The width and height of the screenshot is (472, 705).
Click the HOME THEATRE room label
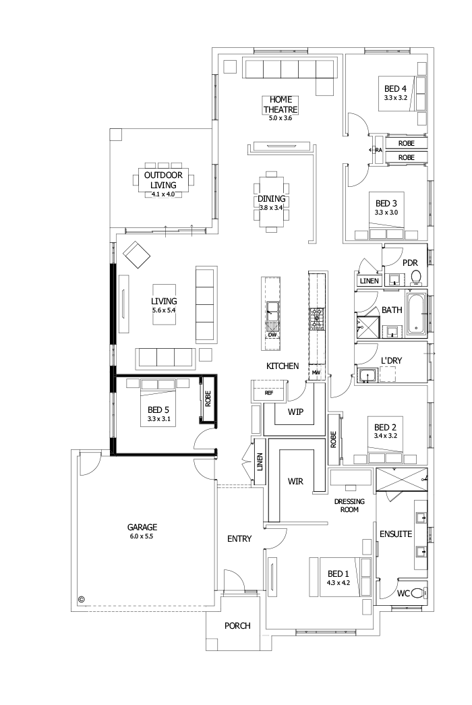[281, 105]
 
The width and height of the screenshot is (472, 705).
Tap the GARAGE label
[142, 527]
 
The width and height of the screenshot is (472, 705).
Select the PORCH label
[237, 626]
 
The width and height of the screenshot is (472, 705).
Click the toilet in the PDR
[416, 277]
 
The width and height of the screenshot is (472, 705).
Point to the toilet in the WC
[419, 593]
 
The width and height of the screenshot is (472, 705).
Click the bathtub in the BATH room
[417, 314]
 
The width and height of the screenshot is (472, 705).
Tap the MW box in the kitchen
[316, 372]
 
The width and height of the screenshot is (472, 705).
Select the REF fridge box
[268, 392]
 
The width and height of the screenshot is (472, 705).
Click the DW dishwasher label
[272, 335]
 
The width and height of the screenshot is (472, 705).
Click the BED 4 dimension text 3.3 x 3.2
[395, 98]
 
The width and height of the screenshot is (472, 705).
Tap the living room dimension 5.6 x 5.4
[164, 310]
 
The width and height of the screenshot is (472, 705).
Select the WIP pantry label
[295, 412]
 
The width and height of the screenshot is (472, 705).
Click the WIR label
[295, 481]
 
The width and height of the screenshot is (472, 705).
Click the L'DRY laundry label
[391, 361]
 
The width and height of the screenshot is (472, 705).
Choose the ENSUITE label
[395, 534]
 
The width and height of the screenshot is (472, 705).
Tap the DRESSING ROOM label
[349, 505]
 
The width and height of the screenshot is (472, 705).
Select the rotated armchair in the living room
[138, 256]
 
